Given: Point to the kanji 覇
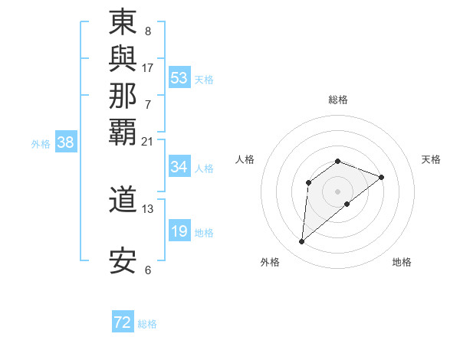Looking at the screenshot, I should [123, 131].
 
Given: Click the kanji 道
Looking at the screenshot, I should [123, 200].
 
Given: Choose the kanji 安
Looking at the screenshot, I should [123, 261].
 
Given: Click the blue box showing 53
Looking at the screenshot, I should [179, 78].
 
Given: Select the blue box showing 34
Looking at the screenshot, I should [179, 167].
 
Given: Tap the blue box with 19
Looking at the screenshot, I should [179, 231].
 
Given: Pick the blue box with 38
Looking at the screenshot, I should [66, 142].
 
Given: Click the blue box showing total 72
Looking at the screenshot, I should [123, 322].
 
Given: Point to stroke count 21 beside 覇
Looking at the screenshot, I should [147, 142].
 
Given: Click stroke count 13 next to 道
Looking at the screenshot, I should [148, 208].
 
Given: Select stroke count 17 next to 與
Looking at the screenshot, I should [148, 67].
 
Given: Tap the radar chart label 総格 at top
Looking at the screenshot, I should [338, 100].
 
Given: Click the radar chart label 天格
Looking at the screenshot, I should [431, 159].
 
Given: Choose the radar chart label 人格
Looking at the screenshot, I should [245, 159].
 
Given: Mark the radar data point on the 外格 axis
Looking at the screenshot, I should [301, 242].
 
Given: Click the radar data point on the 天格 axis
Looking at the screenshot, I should [381, 177].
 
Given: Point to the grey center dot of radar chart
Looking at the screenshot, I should [338, 191].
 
